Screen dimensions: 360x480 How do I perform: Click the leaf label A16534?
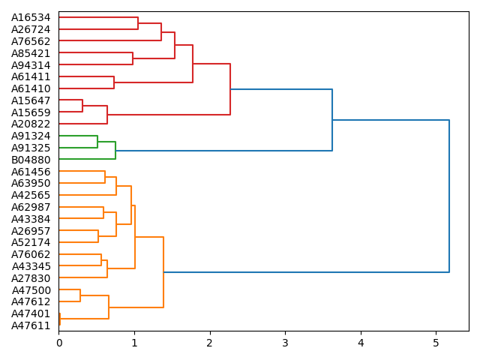point(31,17)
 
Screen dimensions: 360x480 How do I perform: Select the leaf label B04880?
point(31,160)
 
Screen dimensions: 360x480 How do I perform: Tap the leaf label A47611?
point(31,325)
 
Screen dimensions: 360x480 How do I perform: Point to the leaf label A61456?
point(31,172)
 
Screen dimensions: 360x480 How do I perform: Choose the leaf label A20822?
point(31,124)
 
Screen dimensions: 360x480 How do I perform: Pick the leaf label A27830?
point(31,278)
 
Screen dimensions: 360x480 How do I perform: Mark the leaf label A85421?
point(31,53)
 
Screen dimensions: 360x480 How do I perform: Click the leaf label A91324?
point(31,136)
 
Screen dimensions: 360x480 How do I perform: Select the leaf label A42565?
point(31,195)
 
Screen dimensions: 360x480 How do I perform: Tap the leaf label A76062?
point(31,254)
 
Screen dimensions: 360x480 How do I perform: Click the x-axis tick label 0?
point(59,343)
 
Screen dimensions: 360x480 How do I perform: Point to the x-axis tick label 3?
point(285,343)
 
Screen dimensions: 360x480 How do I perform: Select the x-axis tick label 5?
point(436,343)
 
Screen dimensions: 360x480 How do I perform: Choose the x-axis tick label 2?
point(210,343)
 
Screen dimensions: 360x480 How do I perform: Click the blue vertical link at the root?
point(449,196)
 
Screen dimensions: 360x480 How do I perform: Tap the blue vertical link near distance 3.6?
point(332,120)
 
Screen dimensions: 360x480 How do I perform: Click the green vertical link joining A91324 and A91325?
point(97,142)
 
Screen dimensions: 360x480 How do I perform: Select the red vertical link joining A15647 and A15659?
point(82,106)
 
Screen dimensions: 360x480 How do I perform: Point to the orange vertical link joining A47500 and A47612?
point(80,295)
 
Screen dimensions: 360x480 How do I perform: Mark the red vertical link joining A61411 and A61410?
point(114,82)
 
